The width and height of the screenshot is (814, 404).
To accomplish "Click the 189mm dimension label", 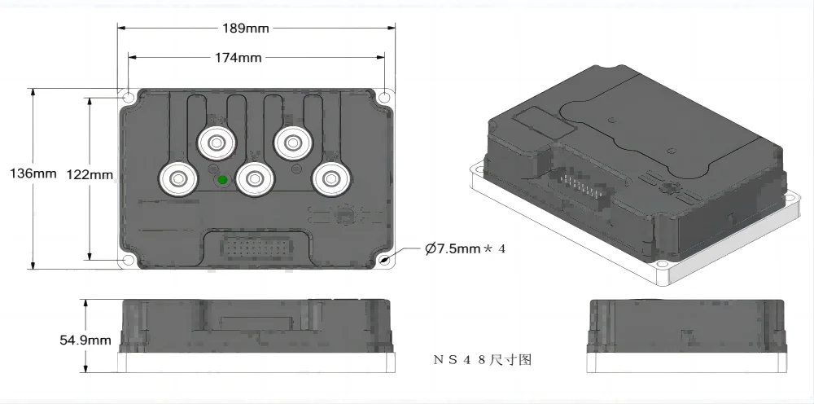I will tap(246, 29).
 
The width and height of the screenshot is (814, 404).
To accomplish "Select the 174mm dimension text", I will tap(239, 58).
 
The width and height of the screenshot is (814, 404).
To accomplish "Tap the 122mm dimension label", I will tap(90, 174).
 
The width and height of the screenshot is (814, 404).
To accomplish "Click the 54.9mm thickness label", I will tap(85, 340).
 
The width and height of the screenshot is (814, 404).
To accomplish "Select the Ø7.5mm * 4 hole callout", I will tap(465, 248).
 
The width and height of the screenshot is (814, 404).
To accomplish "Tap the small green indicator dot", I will tap(221, 180).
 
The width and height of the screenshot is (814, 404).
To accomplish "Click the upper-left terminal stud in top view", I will tap(216, 143).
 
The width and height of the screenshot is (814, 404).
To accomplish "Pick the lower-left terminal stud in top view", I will tap(177, 178).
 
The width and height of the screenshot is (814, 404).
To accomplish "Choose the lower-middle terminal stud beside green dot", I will tap(254, 178).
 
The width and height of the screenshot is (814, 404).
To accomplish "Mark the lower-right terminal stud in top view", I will tap(330, 178).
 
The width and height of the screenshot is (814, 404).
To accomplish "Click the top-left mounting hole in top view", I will tap(129, 97).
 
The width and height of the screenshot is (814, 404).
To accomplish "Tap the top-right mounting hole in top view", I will tap(385, 97).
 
